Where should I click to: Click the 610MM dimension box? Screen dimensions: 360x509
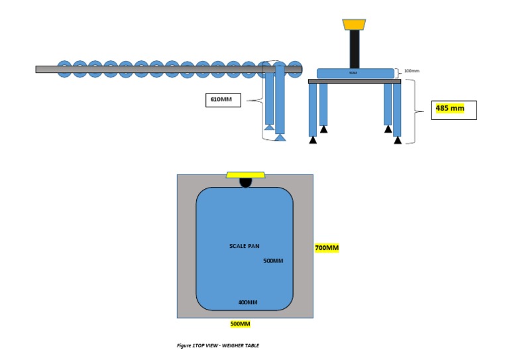(x=223, y=100)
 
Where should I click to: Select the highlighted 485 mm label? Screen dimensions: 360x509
(x=450, y=108)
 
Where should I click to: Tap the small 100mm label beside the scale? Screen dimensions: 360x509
(x=412, y=71)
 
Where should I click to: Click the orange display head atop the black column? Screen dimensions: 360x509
(x=354, y=25)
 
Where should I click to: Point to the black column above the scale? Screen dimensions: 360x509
(x=355, y=49)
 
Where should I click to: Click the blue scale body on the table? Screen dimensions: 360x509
(x=355, y=74)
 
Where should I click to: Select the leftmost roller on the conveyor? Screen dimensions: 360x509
(x=64, y=69)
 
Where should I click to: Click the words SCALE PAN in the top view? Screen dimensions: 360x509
(x=245, y=246)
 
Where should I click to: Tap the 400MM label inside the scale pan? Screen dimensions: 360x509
(x=248, y=302)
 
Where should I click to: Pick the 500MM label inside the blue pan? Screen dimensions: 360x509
(x=273, y=261)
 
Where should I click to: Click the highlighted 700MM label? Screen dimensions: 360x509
(x=327, y=248)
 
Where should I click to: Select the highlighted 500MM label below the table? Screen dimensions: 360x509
(x=240, y=324)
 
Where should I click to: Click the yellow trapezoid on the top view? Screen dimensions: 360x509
(x=245, y=175)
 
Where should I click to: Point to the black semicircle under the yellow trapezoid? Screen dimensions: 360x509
(x=245, y=182)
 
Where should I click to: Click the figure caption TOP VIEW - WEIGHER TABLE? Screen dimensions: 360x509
(x=218, y=345)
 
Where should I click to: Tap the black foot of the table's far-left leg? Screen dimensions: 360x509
(x=313, y=139)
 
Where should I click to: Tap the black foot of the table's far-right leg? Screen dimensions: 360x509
(x=397, y=140)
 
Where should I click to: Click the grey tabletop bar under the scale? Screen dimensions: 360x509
(x=355, y=82)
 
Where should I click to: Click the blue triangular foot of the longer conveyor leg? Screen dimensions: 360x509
(x=280, y=137)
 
